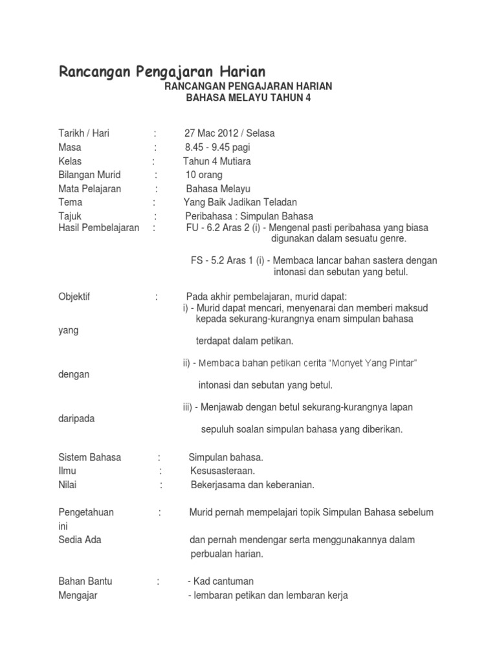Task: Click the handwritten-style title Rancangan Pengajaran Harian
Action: [162, 71]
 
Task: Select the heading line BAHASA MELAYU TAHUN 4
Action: [248, 98]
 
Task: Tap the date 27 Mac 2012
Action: [210, 133]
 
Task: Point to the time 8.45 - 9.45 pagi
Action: [217, 147]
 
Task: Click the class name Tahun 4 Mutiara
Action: [217, 161]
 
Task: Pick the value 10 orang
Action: [204, 175]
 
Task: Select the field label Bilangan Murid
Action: [89, 175]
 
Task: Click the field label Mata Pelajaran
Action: [89, 188]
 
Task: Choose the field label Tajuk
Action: [70, 216]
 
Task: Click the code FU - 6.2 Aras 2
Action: [223, 228]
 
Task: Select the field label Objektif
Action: [74, 297]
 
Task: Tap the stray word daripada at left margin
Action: [76, 418]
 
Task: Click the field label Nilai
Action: [68, 484]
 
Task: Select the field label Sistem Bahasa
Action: [89, 457]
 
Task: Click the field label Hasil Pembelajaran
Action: [98, 228]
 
